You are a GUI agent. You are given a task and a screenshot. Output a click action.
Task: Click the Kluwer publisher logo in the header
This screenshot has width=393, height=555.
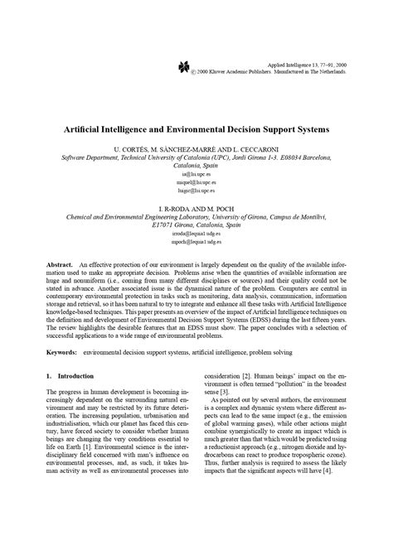click(x=184, y=67)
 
